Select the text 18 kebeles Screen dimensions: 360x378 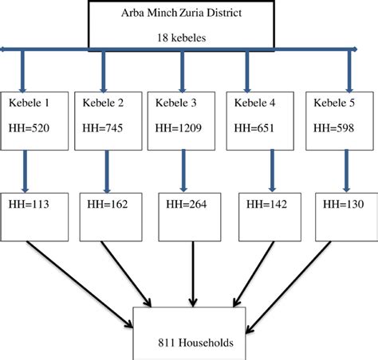(188, 36)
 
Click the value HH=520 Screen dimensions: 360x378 (31, 127)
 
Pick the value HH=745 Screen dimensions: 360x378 (99, 127)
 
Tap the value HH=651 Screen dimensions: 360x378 (253, 127)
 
